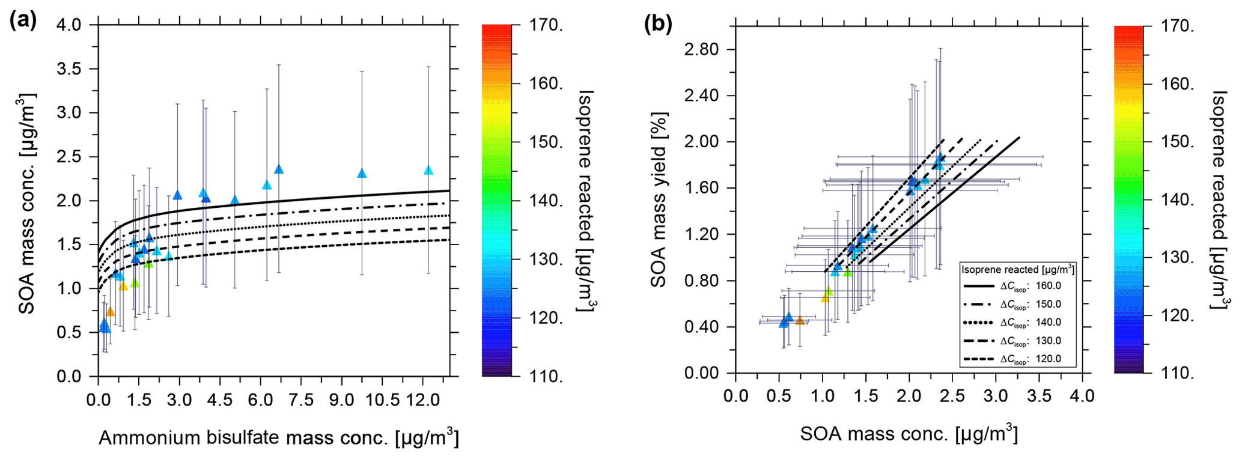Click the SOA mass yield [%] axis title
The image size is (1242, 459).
659,200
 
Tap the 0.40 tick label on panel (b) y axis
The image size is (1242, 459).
701,327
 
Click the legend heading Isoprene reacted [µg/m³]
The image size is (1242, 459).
1018,269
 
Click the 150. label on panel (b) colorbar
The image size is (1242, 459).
1177,142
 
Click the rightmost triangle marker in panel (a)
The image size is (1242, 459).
428,171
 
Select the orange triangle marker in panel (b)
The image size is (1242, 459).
800,321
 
